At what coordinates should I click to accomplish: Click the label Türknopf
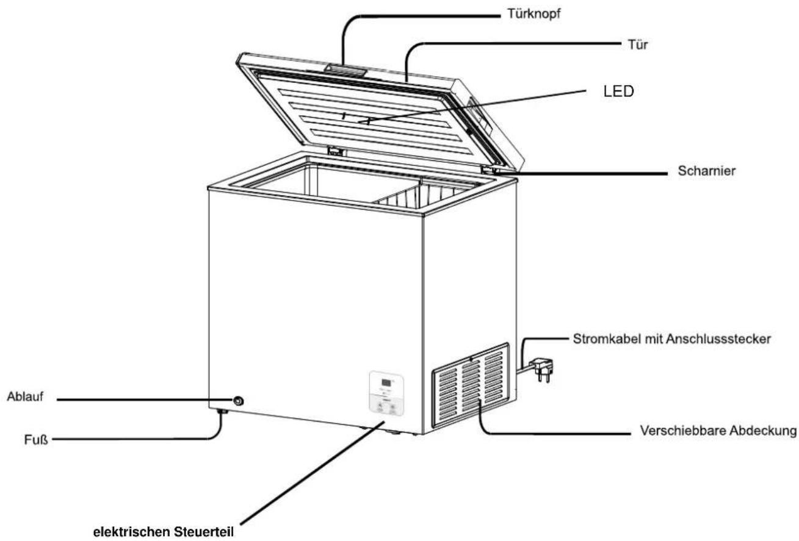(533, 14)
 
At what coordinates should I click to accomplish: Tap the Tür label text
(638, 45)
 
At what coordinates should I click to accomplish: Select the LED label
(618, 91)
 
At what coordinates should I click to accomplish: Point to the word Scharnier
(707, 171)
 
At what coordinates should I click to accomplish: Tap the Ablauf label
(25, 396)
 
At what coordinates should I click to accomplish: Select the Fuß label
(35, 440)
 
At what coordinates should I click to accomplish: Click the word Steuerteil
(204, 532)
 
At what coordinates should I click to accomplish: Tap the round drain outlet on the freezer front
(238, 401)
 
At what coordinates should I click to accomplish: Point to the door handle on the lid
(345, 70)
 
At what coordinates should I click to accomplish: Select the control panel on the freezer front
(386, 393)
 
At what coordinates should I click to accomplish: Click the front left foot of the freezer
(223, 412)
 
